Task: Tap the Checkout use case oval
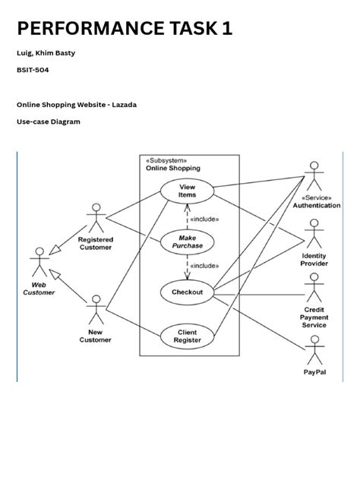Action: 187,292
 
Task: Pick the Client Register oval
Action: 187,336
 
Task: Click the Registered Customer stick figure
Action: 96,218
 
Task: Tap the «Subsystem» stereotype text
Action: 166,160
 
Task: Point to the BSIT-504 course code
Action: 33,69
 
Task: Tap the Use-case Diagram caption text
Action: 49,122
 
